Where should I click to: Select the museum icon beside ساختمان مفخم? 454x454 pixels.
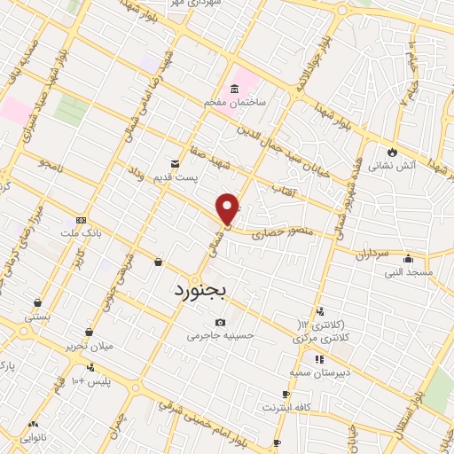tap(233, 90)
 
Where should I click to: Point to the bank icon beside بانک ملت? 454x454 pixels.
tap(82, 219)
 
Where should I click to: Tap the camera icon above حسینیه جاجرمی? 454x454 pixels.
tap(220, 322)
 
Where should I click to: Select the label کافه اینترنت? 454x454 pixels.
tap(284, 407)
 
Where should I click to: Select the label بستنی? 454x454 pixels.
tap(37, 316)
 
